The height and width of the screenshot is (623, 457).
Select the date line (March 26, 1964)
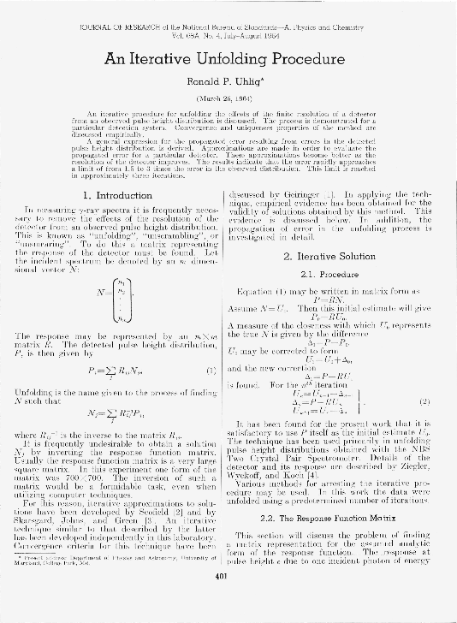[228, 95]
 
